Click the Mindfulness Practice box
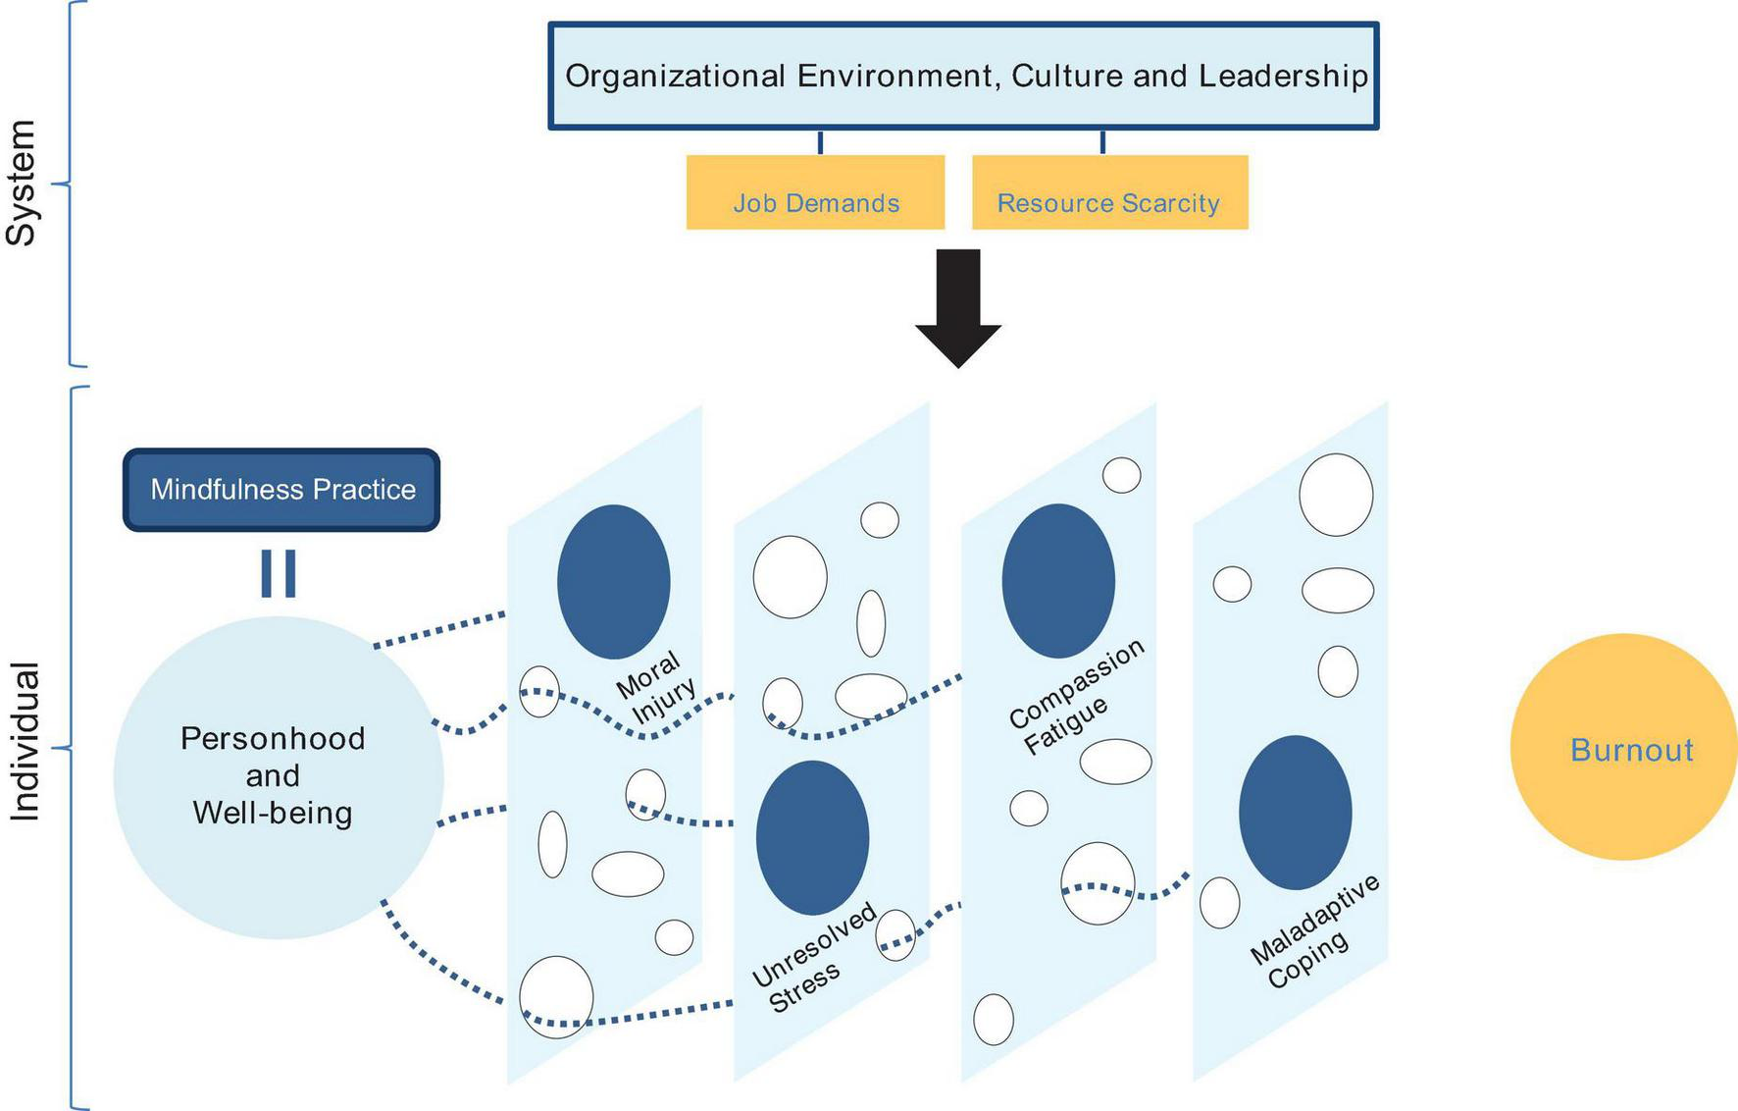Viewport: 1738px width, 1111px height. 281,490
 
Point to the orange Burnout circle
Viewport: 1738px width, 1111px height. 1623,748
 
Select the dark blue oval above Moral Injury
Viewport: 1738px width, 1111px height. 614,581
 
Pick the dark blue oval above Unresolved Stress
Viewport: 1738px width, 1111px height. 812,837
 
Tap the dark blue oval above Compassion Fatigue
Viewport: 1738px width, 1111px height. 1058,581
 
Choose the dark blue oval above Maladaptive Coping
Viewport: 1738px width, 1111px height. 1295,813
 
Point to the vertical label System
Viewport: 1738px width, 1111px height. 22,184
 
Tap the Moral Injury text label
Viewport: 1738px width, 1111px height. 655,688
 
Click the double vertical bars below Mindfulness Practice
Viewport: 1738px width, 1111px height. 279,573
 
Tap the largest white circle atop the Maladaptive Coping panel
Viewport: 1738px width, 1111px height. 1335,495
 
